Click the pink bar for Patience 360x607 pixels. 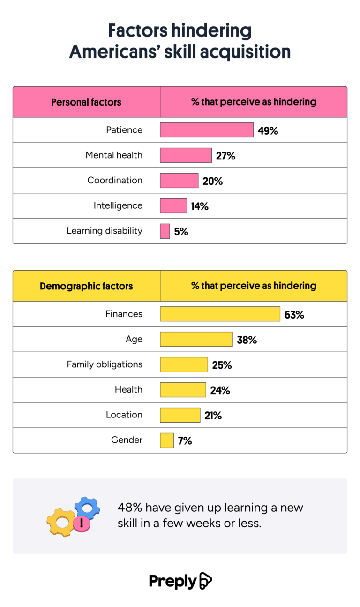coord(207,130)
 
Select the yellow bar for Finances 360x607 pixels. coord(220,314)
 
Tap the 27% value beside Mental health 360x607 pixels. coord(225,156)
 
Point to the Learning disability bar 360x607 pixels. coord(165,231)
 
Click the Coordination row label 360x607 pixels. coord(115,180)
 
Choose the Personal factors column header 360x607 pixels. coord(86,102)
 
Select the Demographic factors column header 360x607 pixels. coord(86,286)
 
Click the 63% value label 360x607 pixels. coord(294,315)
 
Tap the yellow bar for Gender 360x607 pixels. coord(167,440)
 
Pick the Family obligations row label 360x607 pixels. coord(105,364)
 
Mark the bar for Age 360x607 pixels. coord(196,339)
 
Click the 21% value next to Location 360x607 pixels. coord(213,415)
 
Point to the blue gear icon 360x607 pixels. coord(88,507)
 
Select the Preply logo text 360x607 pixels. coord(172,581)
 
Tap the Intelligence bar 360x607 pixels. coord(173,205)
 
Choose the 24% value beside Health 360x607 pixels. coord(220,390)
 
